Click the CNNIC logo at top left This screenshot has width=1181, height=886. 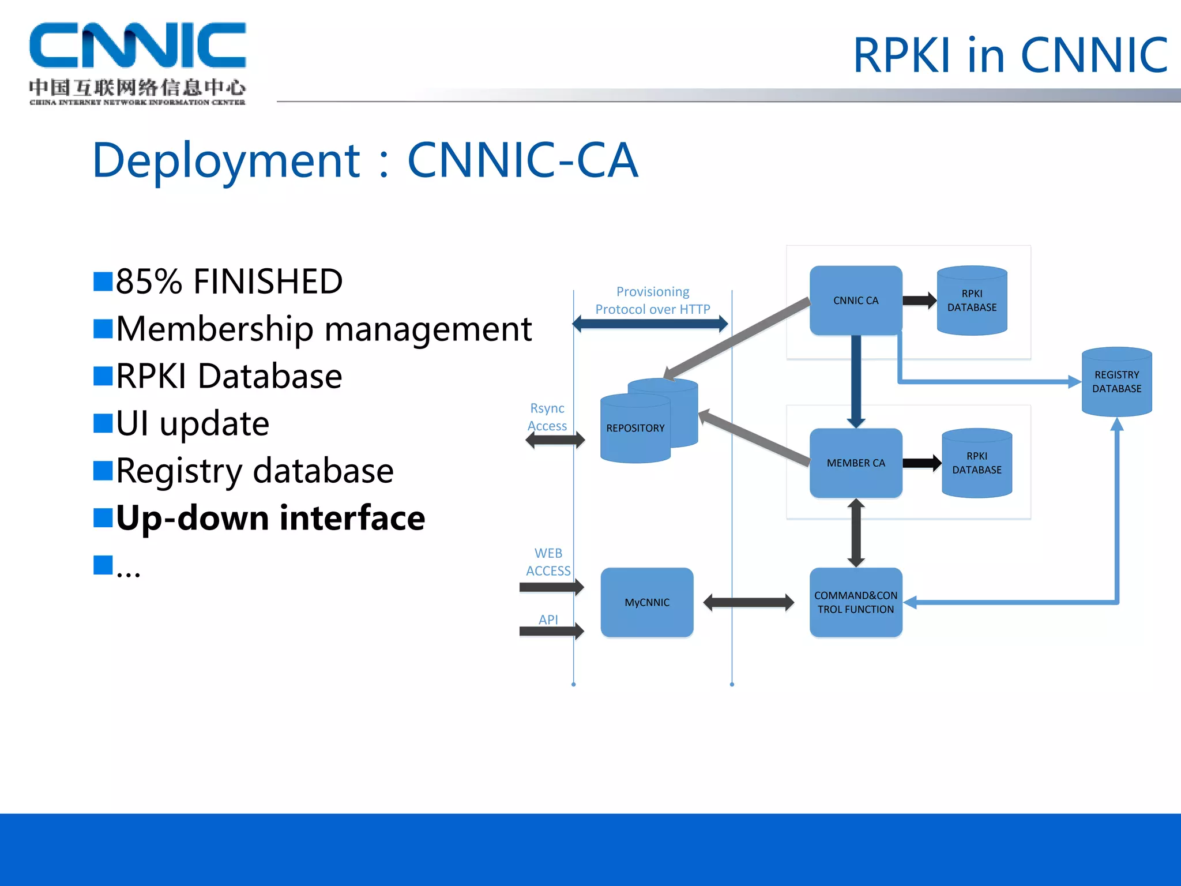[137, 62]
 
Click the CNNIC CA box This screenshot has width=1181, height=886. [855, 301]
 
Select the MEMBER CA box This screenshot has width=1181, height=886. [855, 463]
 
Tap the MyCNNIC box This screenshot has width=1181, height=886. [646, 602]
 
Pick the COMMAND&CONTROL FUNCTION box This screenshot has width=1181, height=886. [855, 602]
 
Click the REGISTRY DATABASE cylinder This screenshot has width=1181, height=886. [1116, 382]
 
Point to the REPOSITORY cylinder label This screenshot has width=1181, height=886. [635, 428]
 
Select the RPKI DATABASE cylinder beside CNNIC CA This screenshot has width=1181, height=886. [972, 301]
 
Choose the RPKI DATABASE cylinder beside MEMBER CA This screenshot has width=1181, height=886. [976, 463]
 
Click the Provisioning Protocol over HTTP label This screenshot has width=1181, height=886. [652, 301]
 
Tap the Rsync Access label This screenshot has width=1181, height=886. [547, 417]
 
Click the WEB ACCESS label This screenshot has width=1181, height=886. [548, 562]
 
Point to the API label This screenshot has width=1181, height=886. [548, 620]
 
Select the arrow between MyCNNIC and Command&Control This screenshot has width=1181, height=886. [749, 603]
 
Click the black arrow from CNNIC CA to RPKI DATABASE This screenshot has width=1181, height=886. [919, 301]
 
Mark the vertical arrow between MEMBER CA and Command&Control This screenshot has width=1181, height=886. [856, 532]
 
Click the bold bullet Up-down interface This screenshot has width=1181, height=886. [270, 517]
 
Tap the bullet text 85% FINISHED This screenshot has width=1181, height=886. [229, 281]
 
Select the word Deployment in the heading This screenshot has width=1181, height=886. [226, 160]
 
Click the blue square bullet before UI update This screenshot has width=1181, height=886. [103, 423]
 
